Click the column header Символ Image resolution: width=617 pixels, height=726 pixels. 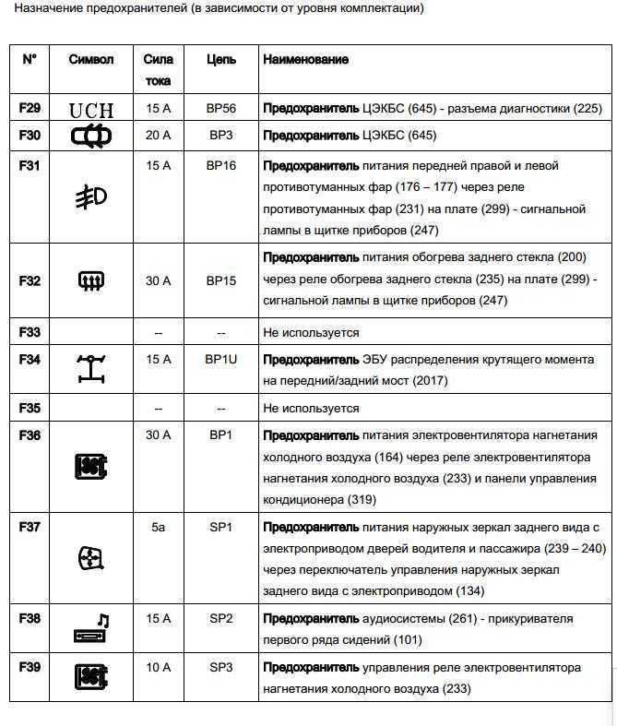click(x=91, y=59)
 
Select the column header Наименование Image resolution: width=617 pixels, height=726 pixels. click(x=305, y=59)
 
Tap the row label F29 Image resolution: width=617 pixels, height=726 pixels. click(x=30, y=108)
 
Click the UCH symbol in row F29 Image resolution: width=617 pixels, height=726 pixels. click(x=91, y=110)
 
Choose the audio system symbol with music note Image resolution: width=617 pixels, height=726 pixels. click(x=91, y=629)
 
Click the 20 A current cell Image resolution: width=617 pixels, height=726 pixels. click(x=159, y=136)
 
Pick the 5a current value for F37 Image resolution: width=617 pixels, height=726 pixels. click(x=159, y=527)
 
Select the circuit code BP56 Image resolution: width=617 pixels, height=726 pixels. click(x=221, y=108)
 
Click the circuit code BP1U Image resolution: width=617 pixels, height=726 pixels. click(x=222, y=359)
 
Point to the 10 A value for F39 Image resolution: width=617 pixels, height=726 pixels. click(x=159, y=666)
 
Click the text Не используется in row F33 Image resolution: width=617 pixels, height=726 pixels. click(x=311, y=332)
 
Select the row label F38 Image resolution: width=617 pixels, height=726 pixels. click(x=30, y=618)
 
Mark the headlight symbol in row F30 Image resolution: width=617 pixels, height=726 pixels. click(x=91, y=137)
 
